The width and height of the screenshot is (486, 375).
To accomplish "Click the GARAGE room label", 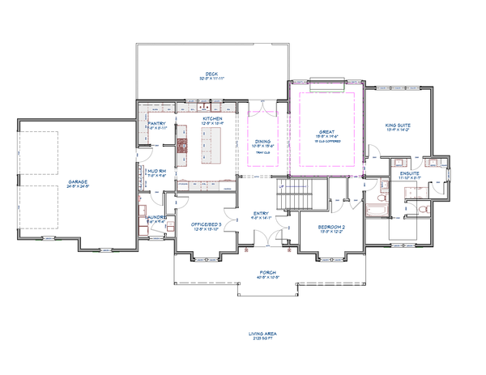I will [78, 181].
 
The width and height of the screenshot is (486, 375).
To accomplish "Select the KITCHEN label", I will [211, 118].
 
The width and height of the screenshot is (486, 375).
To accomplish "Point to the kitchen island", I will [212, 147].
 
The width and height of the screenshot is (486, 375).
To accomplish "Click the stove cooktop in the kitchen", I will [182, 146].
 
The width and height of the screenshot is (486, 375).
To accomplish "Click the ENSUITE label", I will [410, 173].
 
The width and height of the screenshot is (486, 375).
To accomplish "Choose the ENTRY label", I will [260, 213].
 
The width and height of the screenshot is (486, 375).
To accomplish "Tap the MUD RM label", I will [156, 171].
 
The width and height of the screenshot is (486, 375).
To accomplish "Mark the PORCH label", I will [267, 273].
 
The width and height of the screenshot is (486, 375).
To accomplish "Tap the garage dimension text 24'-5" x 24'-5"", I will [78, 186].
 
